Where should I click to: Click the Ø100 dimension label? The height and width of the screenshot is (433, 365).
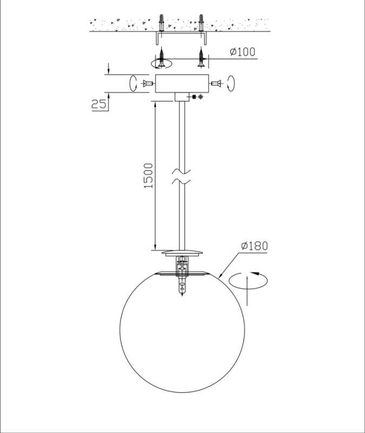click(242, 52)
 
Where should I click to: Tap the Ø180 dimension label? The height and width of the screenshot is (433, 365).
click(254, 246)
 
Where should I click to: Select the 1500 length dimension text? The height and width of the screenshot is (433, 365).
click(148, 176)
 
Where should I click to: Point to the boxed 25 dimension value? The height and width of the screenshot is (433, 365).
click(99, 104)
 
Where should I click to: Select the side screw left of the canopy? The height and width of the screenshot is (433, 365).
click(148, 83)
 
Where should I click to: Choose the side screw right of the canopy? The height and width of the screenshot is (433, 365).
click(216, 83)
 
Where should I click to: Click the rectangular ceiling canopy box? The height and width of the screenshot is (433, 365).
click(182, 83)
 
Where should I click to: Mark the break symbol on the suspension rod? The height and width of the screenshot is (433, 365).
click(181, 177)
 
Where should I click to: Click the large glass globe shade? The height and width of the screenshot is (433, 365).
click(182, 331)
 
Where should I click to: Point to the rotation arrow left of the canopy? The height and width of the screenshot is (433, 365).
click(133, 83)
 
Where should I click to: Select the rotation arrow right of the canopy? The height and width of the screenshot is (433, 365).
click(231, 83)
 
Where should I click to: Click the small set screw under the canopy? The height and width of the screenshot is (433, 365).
click(197, 97)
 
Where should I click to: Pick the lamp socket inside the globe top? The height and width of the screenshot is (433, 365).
click(182, 276)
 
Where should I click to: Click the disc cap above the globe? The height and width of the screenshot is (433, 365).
click(182, 253)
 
